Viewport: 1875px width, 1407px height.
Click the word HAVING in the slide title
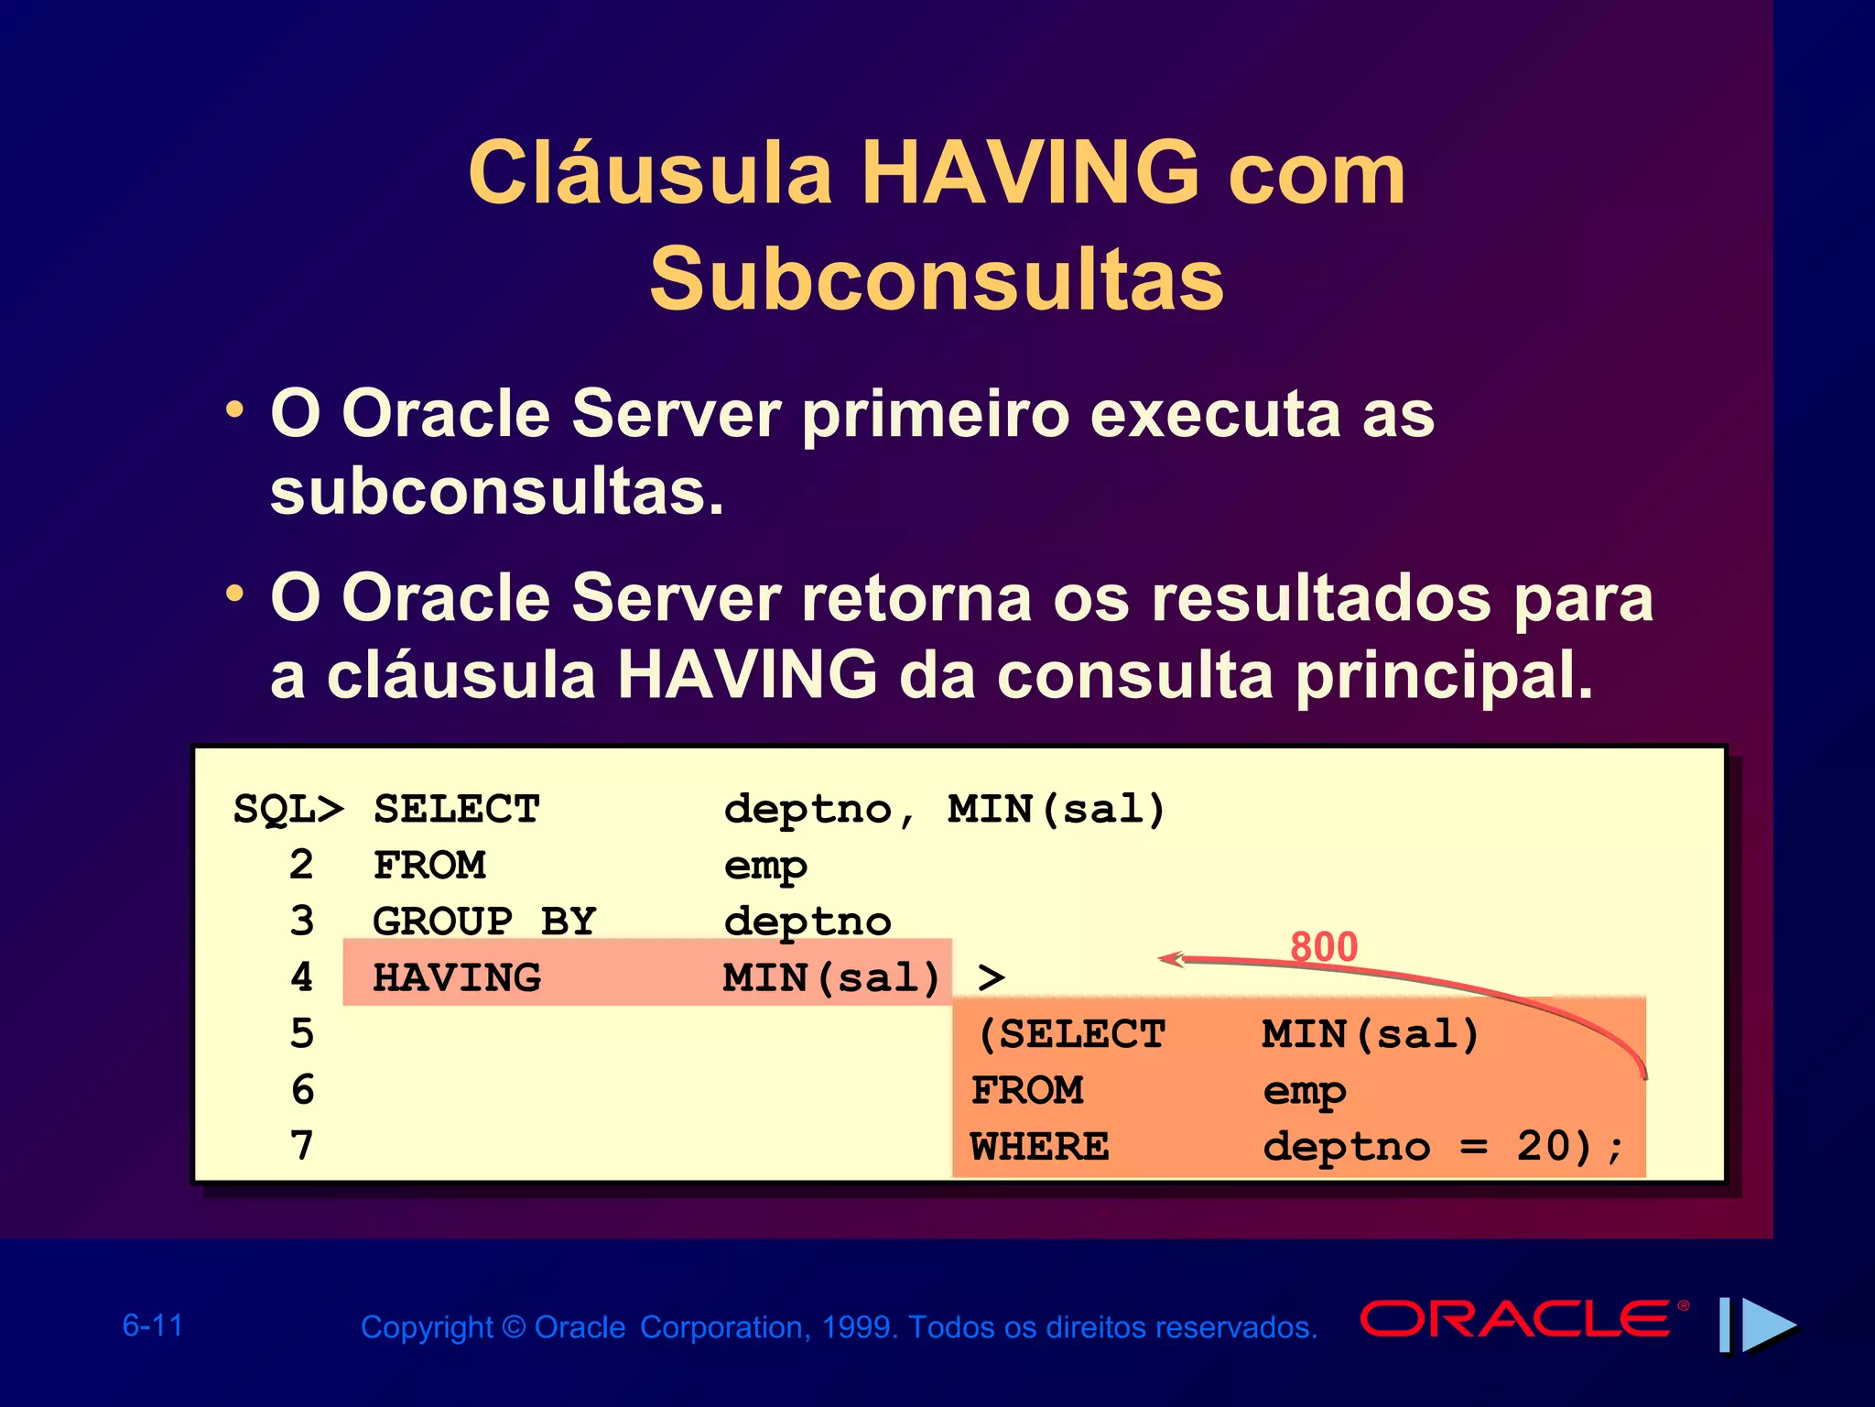[x=1030, y=173]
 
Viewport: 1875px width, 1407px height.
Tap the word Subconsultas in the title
[x=937, y=279]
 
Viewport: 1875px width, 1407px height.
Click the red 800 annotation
[x=1323, y=947]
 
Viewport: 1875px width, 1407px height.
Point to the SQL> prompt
[x=288, y=810]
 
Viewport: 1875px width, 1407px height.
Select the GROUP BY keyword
[x=484, y=922]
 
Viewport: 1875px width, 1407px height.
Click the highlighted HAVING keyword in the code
[x=457, y=977]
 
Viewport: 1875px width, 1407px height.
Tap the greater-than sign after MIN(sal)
[x=992, y=977]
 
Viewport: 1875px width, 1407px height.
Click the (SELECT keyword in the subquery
[x=1071, y=1034]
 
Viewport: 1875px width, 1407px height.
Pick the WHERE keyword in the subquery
[x=1040, y=1146]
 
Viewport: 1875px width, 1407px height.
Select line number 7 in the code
[x=302, y=1146]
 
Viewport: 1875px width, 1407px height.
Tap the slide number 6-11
[x=153, y=1325]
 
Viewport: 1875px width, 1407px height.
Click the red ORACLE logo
[x=1516, y=1319]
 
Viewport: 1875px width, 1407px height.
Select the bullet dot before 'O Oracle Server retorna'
[x=235, y=594]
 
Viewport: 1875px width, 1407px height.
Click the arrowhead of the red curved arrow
[x=1168, y=959]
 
